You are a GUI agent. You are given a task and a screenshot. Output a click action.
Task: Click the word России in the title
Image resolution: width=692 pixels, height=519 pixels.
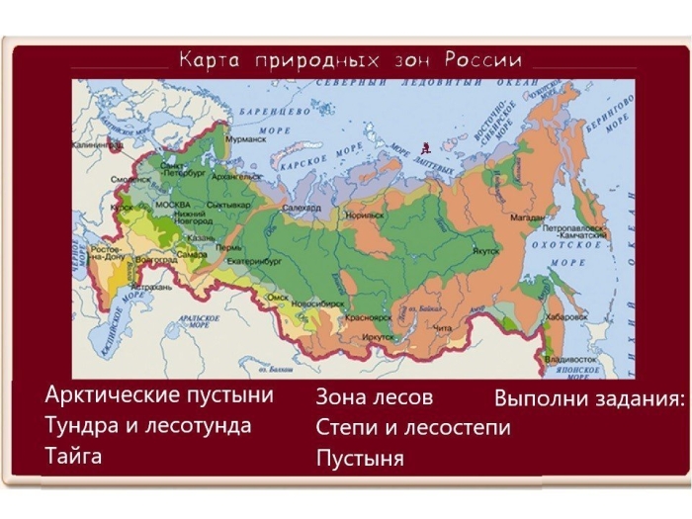click(x=482, y=59)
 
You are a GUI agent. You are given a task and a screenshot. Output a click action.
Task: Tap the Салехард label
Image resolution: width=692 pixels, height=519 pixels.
click(x=303, y=210)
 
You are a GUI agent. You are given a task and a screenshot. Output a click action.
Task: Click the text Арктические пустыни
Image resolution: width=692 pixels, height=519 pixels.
click(x=159, y=396)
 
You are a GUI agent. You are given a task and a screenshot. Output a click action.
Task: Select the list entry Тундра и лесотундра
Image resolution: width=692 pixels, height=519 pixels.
click(x=148, y=426)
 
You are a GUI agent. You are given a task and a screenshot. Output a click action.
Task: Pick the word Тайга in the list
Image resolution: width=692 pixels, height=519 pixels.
click(x=73, y=456)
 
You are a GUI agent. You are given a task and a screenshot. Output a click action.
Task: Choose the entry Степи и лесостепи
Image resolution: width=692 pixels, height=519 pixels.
click(x=413, y=428)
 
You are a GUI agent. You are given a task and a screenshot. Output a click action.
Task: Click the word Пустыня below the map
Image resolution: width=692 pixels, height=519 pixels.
click(x=360, y=459)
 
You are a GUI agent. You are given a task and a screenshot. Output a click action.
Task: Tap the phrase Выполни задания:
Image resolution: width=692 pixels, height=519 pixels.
click(x=588, y=400)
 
